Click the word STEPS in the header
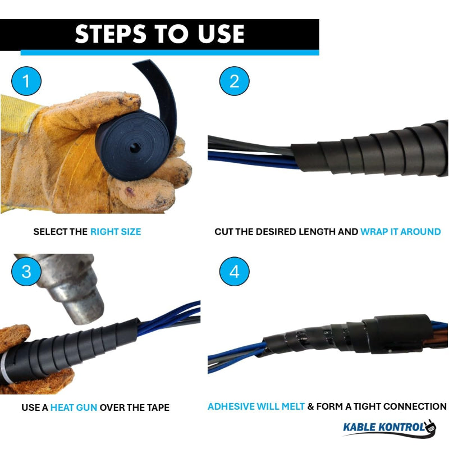(x=110, y=34)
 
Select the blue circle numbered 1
(x=26, y=81)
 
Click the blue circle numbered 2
(x=234, y=81)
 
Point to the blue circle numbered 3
(x=26, y=271)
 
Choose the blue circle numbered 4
(x=234, y=271)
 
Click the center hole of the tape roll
(x=135, y=148)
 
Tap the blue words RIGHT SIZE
(x=116, y=232)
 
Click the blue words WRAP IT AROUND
(x=401, y=232)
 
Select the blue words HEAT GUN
(x=74, y=407)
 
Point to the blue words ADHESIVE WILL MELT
(x=256, y=406)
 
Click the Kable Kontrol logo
(x=390, y=428)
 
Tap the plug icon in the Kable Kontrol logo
(x=429, y=427)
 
